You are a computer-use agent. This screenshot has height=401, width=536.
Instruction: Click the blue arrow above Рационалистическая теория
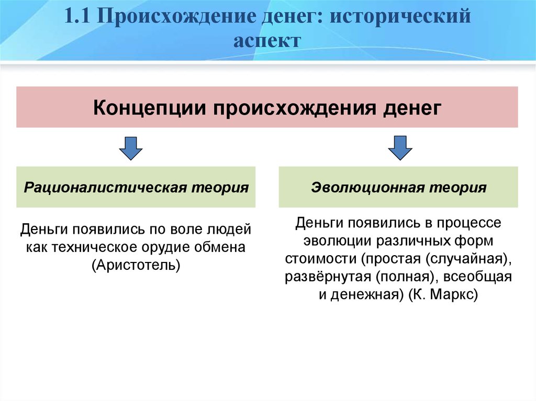(x=130, y=148)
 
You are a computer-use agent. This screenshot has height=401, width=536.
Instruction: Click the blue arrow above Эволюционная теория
(x=400, y=148)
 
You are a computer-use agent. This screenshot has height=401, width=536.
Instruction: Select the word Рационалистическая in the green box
(x=105, y=188)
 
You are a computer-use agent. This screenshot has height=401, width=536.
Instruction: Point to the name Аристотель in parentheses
(x=136, y=265)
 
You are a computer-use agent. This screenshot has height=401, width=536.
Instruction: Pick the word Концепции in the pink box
(x=150, y=108)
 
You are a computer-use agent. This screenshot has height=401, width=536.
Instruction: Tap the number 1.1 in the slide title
(x=77, y=16)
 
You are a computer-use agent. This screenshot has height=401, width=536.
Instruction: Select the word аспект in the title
(x=267, y=41)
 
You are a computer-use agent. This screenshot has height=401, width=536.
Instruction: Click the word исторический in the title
(x=400, y=16)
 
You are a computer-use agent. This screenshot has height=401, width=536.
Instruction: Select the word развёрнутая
(x=328, y=277)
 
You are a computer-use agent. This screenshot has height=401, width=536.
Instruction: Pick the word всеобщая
(x=477, y=277)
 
